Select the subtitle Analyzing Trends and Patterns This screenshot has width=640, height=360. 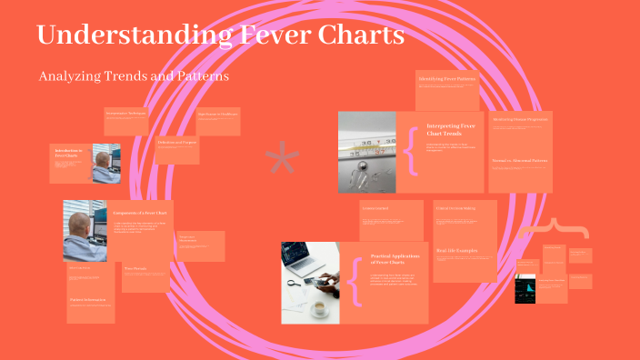pyautogui.click(x=133, y=76)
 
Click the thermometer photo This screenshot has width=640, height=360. pyautogui.click(x=366, y=152)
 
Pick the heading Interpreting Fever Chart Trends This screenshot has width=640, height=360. pyautogui.click(x=450, y=129)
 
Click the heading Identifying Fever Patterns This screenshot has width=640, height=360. pyautogui.click(x=446, y=80)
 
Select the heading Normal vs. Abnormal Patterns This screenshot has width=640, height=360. pyautogui.click(x=519, y=160)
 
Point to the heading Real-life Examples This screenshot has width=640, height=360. pyautogui.click(x=456, y=250)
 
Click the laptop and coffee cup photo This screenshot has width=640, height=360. pyautogui.click(x=309, y=282)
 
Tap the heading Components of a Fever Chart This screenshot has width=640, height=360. pyautogui.click(x=139, y=213)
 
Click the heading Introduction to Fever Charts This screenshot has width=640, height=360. pyautogui.click(x=69, y=153)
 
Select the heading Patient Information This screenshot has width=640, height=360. pyautogui.click(x=88, y=299)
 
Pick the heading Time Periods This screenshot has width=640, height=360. pyautogui.click(x=135, y=268)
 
